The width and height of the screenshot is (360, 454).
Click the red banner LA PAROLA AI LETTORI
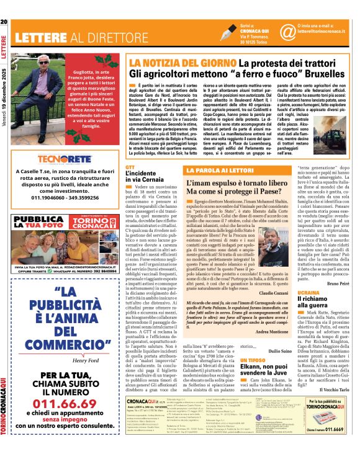pos(219,169)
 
